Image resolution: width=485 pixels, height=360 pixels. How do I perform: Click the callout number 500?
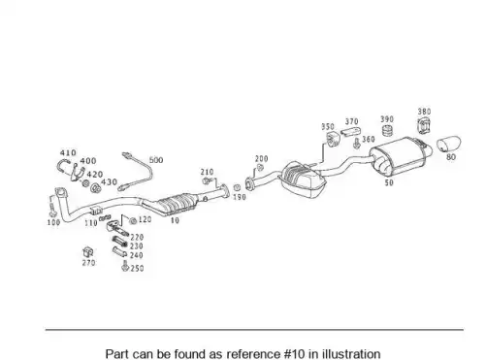(x=156, y=160)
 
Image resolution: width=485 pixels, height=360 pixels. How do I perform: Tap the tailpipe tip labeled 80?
(x=449, y=144)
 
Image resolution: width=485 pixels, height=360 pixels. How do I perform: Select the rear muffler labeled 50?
(x=401, y=156)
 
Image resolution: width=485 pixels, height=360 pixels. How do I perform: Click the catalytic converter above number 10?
(x=177, y=204)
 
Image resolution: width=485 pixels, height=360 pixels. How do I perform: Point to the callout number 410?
(x=68, y=152)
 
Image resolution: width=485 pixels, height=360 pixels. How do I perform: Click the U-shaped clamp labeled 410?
(x=62, y=166)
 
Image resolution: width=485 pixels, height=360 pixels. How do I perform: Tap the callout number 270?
(x=88, y=263)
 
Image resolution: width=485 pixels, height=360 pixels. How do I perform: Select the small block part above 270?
(x=88, y=252)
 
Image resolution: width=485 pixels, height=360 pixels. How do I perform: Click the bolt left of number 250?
(x=125, y=266)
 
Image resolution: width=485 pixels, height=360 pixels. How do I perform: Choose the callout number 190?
(x=240, y=197)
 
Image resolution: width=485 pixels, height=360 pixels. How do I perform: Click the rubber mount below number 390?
(x=387, y=130)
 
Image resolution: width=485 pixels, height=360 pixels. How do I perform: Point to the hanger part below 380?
(x=424, y=125)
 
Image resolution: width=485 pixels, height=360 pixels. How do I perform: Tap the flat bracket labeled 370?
(x=351, y=132)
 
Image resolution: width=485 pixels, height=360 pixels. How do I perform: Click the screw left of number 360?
(x=357, y=144)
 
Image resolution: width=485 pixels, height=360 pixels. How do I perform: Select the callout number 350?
(x=328, y=126)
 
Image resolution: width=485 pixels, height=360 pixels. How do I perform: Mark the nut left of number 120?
(x=132, y=221)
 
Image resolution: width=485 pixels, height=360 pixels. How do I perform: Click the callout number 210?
(x=207, y=172)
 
